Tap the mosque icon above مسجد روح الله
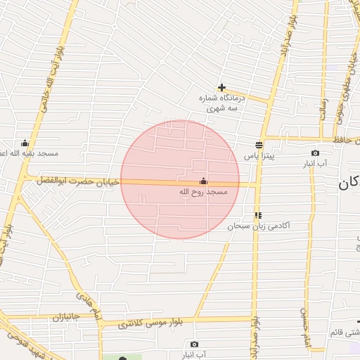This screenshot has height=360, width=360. point(204,181)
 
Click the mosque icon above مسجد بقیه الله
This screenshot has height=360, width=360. point(26,143)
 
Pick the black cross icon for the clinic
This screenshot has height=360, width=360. point(222,88)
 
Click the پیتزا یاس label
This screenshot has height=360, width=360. point(259,155)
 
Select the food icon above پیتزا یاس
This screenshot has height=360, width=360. point(259,145)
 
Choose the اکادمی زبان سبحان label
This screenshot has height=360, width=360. point(259,226)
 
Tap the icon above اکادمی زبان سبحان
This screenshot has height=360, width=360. point(259,215)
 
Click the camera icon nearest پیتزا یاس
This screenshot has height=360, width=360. point(315,153)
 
